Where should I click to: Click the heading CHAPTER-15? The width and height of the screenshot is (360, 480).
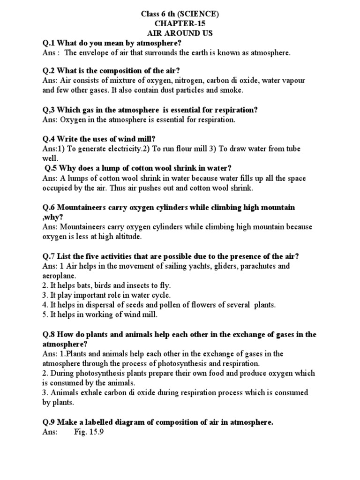(180, 23)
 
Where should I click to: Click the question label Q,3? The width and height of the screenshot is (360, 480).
(49, 110)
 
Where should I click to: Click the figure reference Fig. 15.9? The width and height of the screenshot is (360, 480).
(89, 432)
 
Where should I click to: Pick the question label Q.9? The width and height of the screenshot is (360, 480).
(49, 422)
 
